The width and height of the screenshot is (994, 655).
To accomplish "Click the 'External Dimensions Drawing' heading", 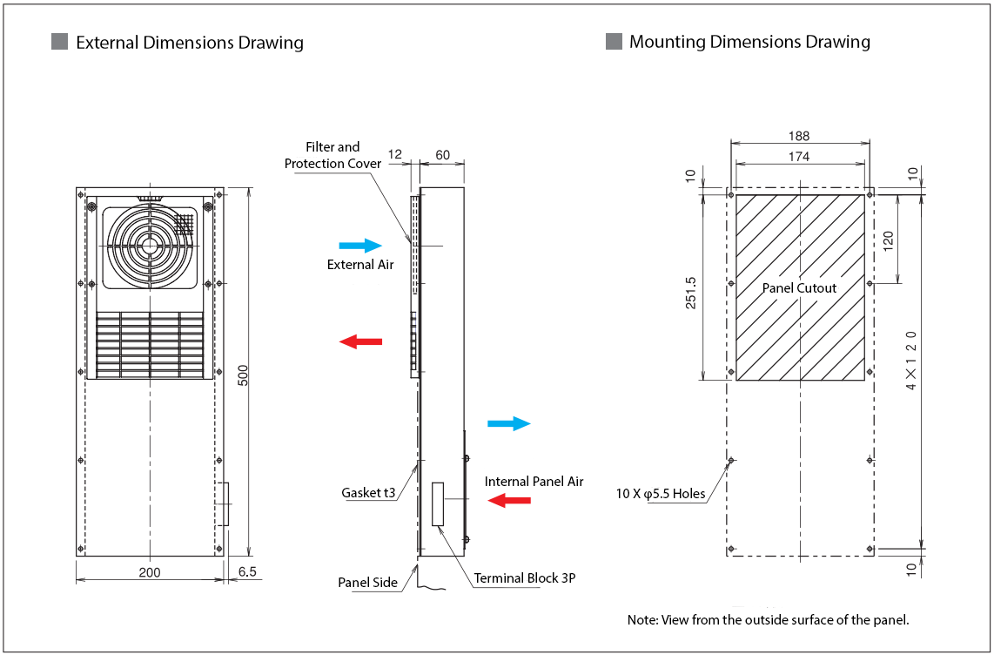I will [190, 43].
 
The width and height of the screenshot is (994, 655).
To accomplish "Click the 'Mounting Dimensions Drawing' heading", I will [749, 42].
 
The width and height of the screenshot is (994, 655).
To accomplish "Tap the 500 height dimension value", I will [244, 374].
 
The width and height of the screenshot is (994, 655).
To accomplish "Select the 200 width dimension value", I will [150, 571].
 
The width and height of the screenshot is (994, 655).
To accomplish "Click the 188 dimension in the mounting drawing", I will [798, 136].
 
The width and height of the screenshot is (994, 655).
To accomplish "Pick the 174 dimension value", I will [798, 157].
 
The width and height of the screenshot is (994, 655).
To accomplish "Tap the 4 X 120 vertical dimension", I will [911, 360].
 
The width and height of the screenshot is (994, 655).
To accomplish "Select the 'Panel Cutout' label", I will [799, 288].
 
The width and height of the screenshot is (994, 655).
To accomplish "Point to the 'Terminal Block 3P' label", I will [525, 577].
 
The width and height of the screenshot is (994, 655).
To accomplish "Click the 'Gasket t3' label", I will [368, 493].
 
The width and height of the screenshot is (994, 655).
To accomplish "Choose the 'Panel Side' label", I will [367, 582].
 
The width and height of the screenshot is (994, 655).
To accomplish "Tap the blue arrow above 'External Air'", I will [360, 246].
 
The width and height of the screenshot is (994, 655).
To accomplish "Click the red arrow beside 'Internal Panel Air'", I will [508, 500].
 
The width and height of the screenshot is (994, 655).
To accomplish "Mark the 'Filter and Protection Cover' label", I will [332, 155].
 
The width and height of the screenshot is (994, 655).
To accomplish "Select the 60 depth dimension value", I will [442, 155].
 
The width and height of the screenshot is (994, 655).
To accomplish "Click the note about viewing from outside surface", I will [768, 620].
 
